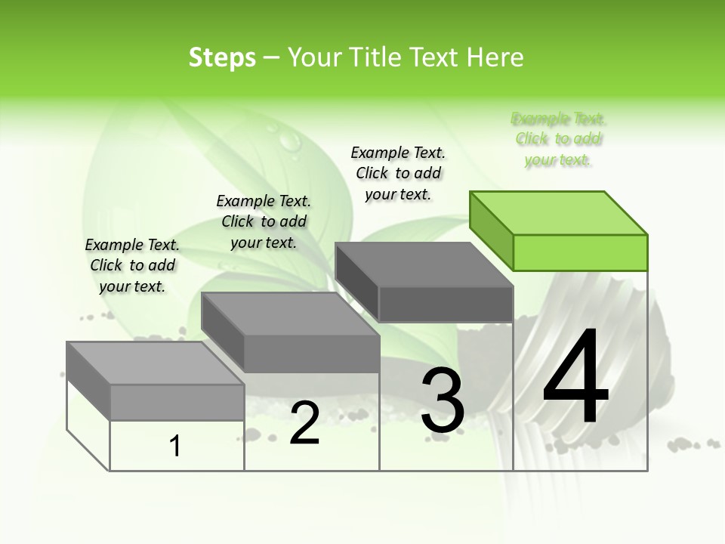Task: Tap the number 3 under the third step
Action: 442,400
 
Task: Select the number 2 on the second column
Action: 304,423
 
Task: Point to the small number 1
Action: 175,447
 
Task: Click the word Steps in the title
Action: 222,57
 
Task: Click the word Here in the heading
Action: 495,57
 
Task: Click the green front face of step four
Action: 580,252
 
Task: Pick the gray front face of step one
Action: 177,402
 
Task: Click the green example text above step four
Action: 559,139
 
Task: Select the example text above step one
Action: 132,265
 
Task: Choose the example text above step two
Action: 264,221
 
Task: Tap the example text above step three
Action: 398,173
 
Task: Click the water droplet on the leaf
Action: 288,140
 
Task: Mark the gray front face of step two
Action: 311,354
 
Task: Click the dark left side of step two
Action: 223,332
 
